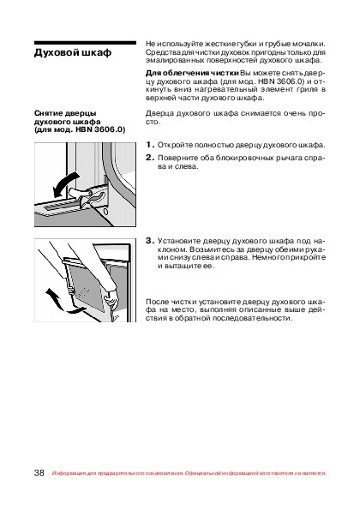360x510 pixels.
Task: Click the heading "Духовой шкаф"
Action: coord(73,53)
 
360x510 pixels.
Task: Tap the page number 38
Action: coord(39,472)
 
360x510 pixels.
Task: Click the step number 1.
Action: coord(150,145)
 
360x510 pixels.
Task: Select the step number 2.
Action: coord(150,158)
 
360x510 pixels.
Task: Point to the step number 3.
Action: coord(150,241)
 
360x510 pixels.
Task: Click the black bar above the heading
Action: coord(85,43)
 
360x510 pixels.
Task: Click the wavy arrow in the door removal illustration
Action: coord(62,301)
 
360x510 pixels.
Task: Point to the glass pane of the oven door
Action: coord(87,283)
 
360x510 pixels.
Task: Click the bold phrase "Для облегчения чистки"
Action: coord(192,73)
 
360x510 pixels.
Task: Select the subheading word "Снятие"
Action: coord(49,113)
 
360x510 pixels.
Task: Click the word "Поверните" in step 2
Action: coord(177,158)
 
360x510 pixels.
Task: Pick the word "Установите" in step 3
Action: coord(178,242)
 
